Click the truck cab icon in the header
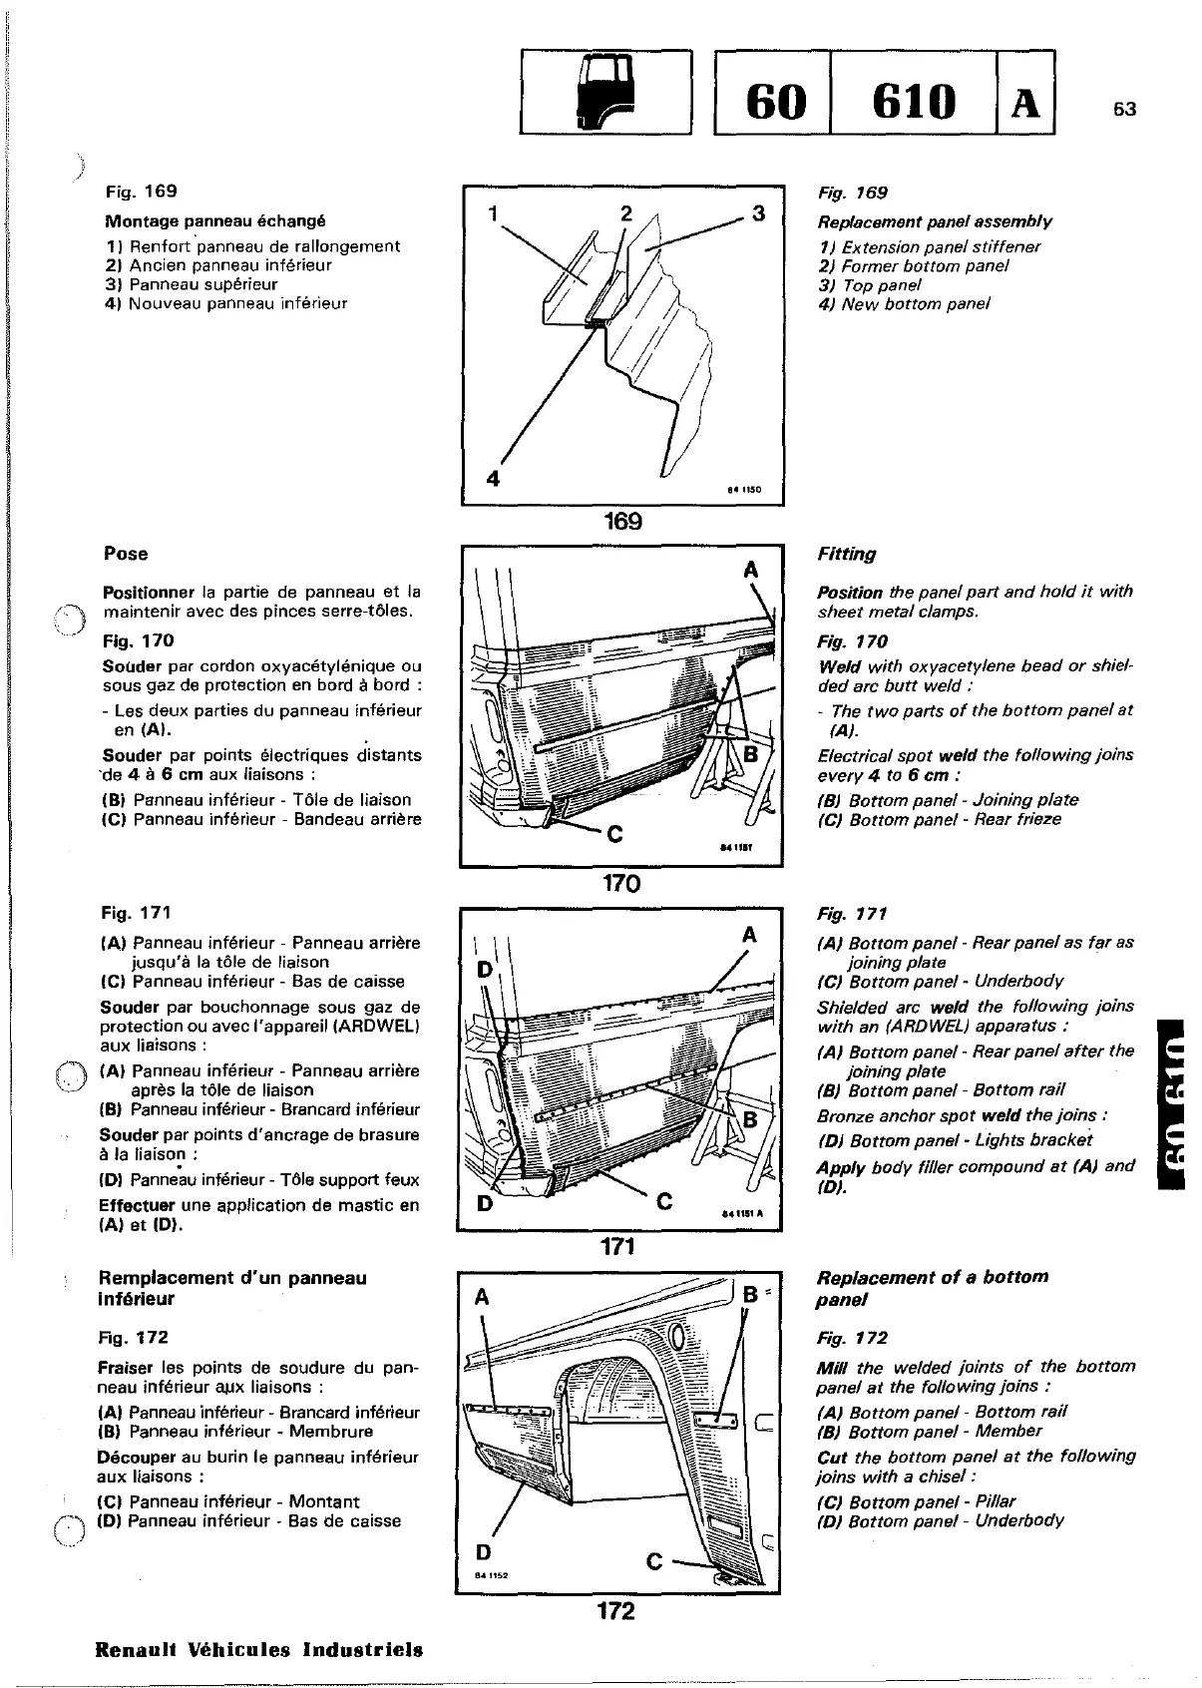point(605,92)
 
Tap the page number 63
point(1124,110)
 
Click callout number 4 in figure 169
point(492,479)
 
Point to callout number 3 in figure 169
point(758,213)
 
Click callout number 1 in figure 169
point(492,213)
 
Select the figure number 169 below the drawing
point(622,522)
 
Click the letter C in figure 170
point(614,836)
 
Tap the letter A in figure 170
point(751,570)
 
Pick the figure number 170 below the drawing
point(620,883)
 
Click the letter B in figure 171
point(750,1120)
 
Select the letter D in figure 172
point(484,1552)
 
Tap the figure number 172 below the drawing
point(615,1610)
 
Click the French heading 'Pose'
point(126,554)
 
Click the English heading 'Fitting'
point(846,554)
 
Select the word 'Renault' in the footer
point(136,1649)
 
